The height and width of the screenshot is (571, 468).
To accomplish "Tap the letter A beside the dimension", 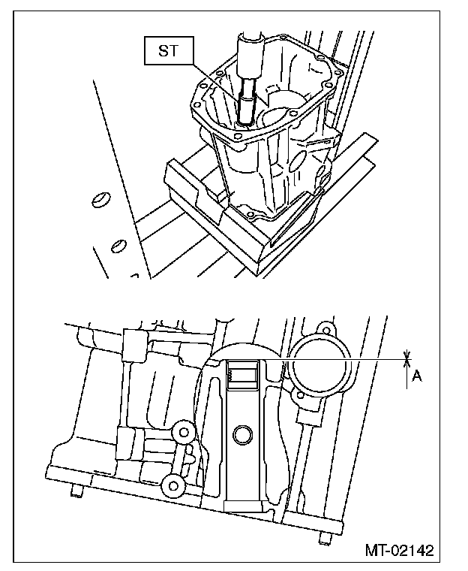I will pyautogui.click(x=417, y=376).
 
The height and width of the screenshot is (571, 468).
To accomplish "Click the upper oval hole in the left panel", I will pyautogui.click(x=98, y=199).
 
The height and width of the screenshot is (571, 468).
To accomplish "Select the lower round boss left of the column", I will pyautogui.click(x=175, y=485).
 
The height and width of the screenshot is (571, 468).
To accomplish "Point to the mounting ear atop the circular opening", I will pyautogui.click(x=325, y=330).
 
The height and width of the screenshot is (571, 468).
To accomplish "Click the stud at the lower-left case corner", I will pyautogui.click(x=76, y=492).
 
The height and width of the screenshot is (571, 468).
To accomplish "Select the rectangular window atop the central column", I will pyautogui.click(x=241, y=373).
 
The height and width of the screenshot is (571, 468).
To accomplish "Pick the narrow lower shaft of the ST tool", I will pyautogui.click(x=245, y=105).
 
